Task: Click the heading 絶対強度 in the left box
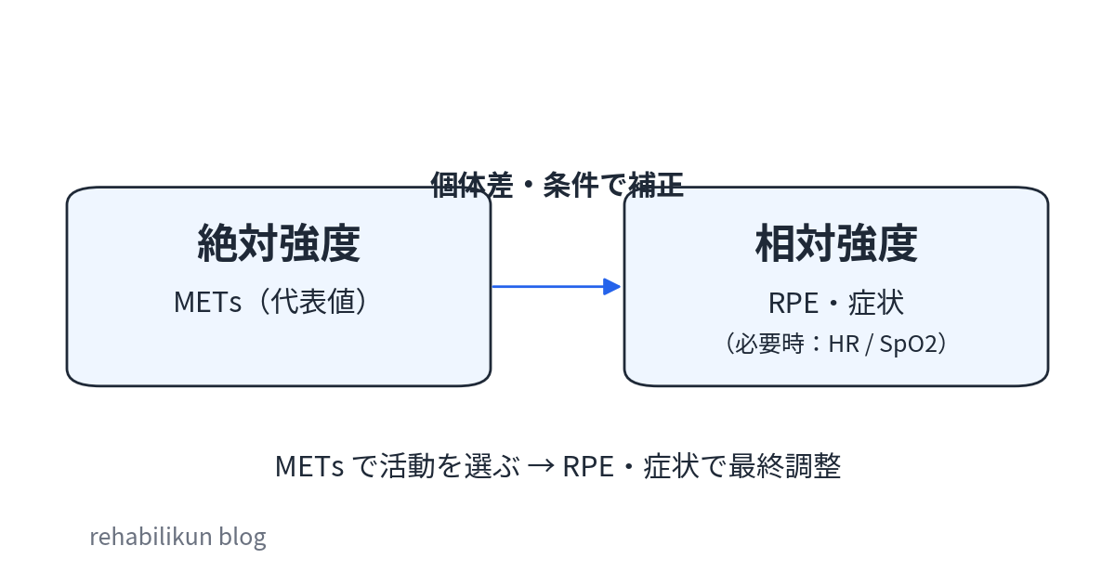(279, 244)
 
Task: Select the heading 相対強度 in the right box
(835, 244)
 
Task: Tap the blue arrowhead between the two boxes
(611, 286)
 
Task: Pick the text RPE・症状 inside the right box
(835, 303)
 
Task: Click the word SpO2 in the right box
(903, 344)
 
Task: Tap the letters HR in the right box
(844, 344)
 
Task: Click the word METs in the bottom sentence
(309, 466)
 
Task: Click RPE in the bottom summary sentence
(588, 466)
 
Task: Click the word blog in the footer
(243, 537)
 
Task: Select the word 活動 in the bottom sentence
(402, 466)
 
